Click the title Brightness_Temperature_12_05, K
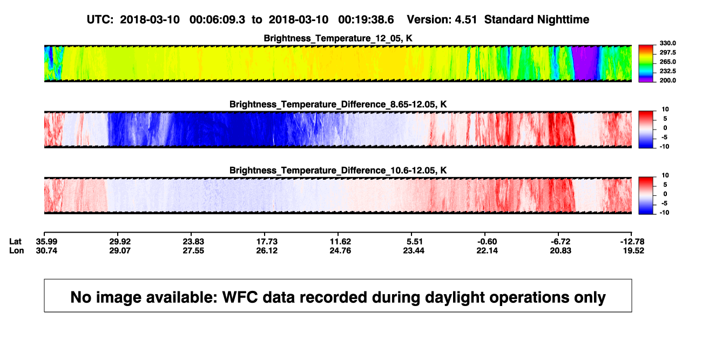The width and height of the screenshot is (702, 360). [x=338, y=38]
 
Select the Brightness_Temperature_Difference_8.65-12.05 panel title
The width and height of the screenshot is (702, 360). [x=338, y=104]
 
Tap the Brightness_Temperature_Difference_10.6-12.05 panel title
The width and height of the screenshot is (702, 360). [x=338, y=171]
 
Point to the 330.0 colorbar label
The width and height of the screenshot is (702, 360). [x=667, y=43]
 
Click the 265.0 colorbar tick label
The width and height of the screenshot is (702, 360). [x=667, y=62]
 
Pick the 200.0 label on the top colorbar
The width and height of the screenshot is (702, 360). [x=667, y=80]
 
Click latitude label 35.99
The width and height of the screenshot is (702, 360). [x=46, y=242]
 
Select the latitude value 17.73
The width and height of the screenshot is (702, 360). [x=267, y=242]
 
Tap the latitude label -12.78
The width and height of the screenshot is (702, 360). [x=632, y=242]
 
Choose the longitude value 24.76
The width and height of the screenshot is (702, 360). [x=340, y=250]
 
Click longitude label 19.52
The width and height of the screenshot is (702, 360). [x=633, y=250]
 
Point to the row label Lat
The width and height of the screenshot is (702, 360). [x=15, y=242]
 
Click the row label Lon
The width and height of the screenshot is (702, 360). [x=16, y=250]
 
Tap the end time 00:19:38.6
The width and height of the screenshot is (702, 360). [x=366, y=19]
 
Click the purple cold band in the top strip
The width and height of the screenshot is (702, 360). [x=585, y=63]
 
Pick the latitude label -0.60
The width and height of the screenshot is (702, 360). [x=487, y=242]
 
